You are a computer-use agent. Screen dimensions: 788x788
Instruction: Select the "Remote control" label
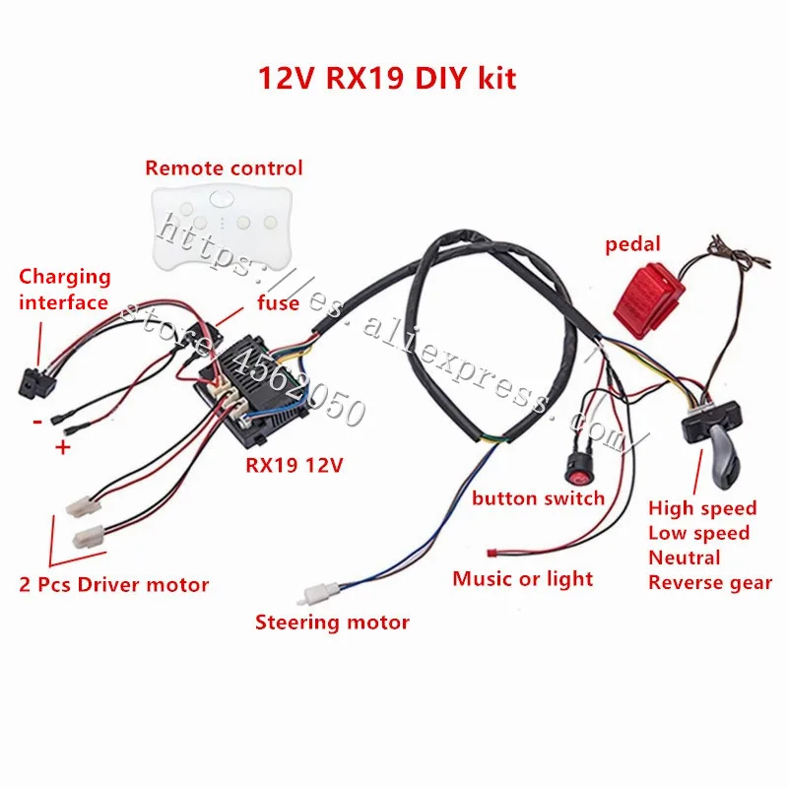tap(224, 167)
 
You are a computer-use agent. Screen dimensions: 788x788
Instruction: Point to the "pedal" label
tap(633, 243)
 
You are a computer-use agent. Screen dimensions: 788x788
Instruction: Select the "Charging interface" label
tap(65, 289)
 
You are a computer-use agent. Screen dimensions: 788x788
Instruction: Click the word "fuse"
tap(279, 302)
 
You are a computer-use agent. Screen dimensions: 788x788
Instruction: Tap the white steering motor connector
tap(316, 596)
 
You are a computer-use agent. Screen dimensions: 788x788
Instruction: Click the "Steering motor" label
tap(332, 622)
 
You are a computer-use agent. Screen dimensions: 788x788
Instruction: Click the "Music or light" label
tap(523, 578)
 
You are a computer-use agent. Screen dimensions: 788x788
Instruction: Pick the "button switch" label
tap(538, 497)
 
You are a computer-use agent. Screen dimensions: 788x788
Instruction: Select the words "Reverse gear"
tap(710, 582)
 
